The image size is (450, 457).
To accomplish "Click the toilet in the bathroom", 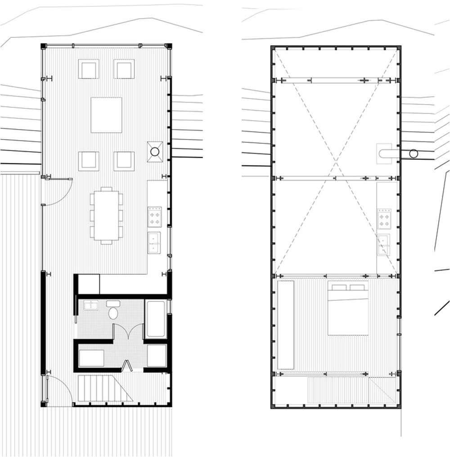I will [113, 311].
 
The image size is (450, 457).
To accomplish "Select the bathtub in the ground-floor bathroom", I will [156, 319].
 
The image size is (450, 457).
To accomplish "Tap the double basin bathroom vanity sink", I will [91, 305].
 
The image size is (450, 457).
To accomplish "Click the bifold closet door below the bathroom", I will [127, 366].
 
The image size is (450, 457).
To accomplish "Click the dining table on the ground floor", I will [107, 216].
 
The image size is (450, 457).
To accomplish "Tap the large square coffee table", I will [106, 115].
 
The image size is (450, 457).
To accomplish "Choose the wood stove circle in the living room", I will [154, 152].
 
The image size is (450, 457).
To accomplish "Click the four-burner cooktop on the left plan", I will [154, 217].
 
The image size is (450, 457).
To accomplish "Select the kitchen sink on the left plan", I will [154, 243].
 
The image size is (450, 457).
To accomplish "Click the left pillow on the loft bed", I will [339, 287].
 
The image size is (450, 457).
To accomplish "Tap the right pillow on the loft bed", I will [357, 287].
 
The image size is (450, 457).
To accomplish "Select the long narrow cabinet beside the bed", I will [286, 324].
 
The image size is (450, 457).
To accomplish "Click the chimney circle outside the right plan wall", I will [414, 154].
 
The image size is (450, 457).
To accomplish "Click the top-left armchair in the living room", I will [89, 69].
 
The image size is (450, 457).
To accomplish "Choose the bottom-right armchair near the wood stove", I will [124, 161].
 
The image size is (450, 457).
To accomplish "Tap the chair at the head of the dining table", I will [107, 189].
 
